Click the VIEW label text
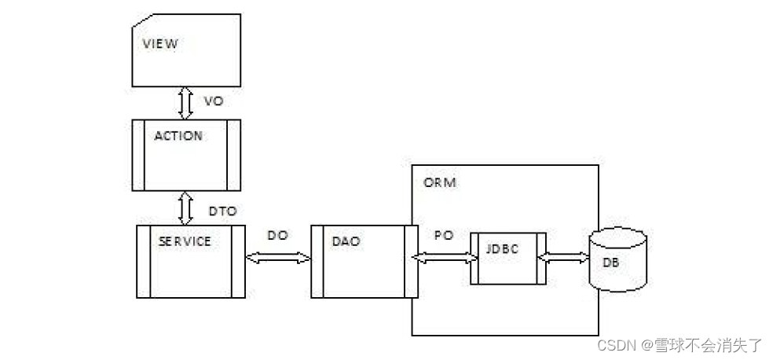159,43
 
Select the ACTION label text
178,135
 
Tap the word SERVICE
185,241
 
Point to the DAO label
346,241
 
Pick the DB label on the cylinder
610,263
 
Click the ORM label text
440,182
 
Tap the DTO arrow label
223,211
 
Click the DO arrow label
277,234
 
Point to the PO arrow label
443,234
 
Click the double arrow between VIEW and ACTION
185,102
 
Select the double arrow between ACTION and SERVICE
185,208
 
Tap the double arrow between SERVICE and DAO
277,257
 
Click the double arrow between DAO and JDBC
444,257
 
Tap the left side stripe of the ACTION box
138,155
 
